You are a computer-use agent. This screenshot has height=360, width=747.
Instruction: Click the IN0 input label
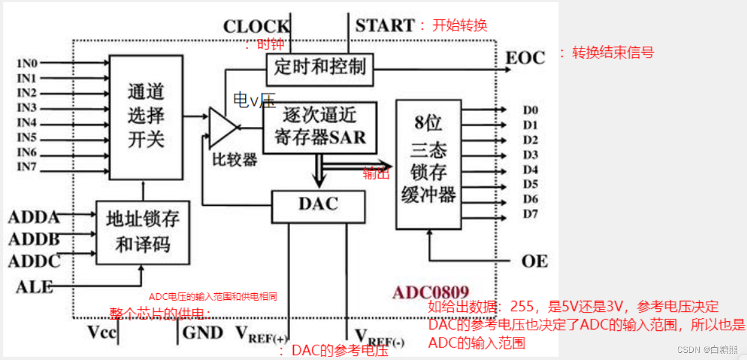(x=27, y=63)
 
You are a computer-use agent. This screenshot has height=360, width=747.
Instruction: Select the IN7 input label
(x=27, y=167)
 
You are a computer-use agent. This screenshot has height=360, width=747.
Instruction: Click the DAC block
(x=318, y=205)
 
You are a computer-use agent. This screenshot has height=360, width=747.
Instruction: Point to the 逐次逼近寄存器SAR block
(x=320, y=126)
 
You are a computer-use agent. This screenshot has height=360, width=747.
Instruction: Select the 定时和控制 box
(x=320, y=67)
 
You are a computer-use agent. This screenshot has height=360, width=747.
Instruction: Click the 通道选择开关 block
(x=146, y=117)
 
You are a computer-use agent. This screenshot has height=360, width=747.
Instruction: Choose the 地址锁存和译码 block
(x=143, y=231)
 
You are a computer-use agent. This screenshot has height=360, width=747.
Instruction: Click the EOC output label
(x=526, y=58)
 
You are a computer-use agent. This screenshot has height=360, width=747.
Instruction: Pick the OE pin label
(x=534, y=261)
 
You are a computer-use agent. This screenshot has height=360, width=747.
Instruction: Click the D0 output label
(x=530, y=110)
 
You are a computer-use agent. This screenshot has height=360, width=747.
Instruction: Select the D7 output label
(x=530, y=214)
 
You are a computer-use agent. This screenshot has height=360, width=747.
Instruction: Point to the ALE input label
(x=34, y=286)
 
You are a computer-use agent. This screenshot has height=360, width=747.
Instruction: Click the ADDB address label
(x=34, y=239)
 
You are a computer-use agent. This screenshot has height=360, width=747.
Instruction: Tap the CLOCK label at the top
(x=257, y=27)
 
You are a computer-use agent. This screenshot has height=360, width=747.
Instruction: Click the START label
(x=385, y=25)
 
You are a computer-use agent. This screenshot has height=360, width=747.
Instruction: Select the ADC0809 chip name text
(x=430, y=292)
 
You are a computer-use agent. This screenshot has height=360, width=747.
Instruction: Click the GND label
(x=204, y=332)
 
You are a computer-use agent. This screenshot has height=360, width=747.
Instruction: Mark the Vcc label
(x=103, y=332)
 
